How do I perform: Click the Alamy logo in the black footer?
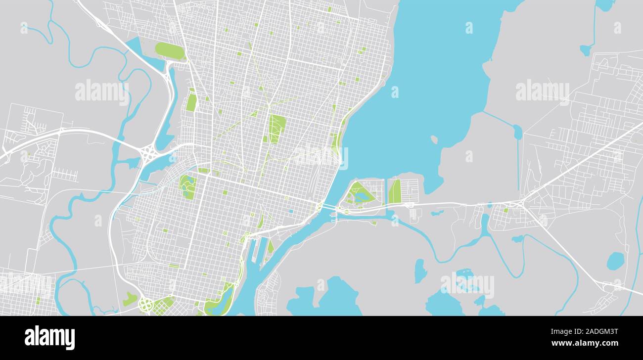coord(49,338)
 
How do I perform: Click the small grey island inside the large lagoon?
coord(434,140)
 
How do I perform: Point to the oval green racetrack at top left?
coord(170,50)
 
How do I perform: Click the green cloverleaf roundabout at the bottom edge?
coord(145,304)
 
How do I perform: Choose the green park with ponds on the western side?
coord(187,186)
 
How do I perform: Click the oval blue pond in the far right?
coord(615,261)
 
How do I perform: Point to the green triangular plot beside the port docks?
coord(270,246)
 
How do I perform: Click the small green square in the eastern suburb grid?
coord(505,210)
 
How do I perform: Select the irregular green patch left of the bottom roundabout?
coord(130,298)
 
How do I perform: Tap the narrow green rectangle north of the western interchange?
coord(191,102)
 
